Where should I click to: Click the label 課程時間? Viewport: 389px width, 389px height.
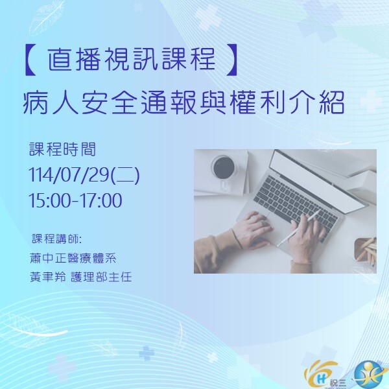62,149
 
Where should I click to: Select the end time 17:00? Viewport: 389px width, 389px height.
102,201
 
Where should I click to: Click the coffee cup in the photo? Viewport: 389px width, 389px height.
223,169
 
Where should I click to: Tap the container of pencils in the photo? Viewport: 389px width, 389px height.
364,250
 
